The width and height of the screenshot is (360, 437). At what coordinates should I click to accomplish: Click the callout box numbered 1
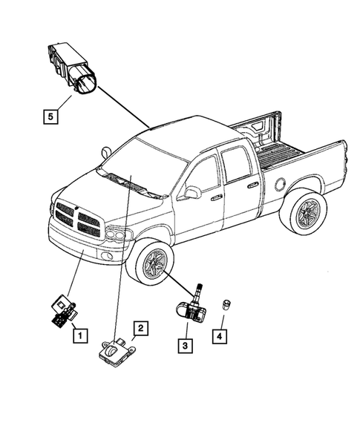pos(76,335)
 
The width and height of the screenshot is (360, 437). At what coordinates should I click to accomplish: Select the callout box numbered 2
pos(139,327)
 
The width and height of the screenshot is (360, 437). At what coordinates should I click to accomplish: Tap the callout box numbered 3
pos(183,344)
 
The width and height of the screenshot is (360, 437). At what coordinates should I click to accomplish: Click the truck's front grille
pos(77,217)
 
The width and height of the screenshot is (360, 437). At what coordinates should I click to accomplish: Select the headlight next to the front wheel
pos(117,236)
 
